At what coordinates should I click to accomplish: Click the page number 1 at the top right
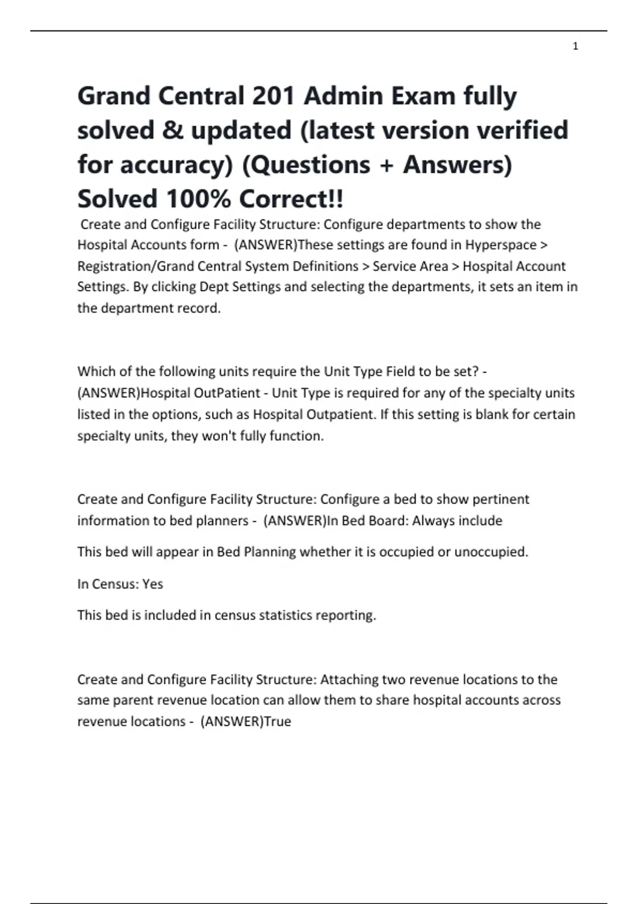click(x=575, y=47)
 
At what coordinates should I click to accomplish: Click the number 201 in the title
click(x=273, y=96)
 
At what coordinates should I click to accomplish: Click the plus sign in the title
click(x=386, y=165)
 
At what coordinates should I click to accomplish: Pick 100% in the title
click(x=198, y=199)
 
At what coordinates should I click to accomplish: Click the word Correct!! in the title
click(x=291, y=199)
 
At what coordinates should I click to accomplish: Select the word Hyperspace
click(x=501, y=245)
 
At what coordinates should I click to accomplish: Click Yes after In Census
click(x=153, y=584)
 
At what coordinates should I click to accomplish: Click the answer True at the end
click(x=278, y=722)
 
